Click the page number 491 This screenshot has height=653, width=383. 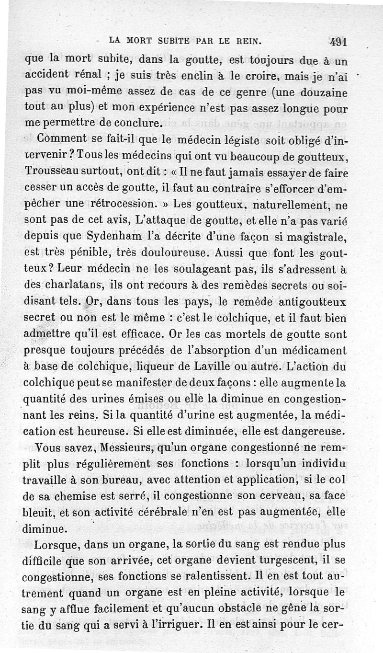pos(338,41)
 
